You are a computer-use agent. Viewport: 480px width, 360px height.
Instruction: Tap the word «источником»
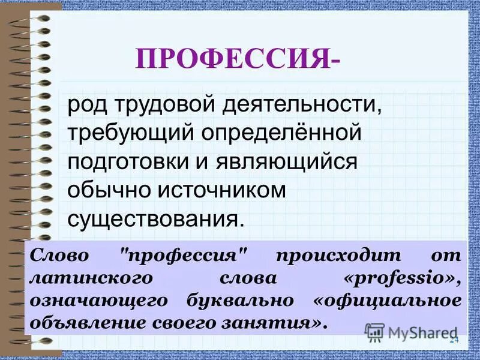(x=221, y=191)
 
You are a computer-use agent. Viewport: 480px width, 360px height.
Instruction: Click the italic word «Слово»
(x=59, y=255)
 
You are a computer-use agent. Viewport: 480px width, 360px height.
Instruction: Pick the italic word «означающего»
(x=95, y=300)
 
